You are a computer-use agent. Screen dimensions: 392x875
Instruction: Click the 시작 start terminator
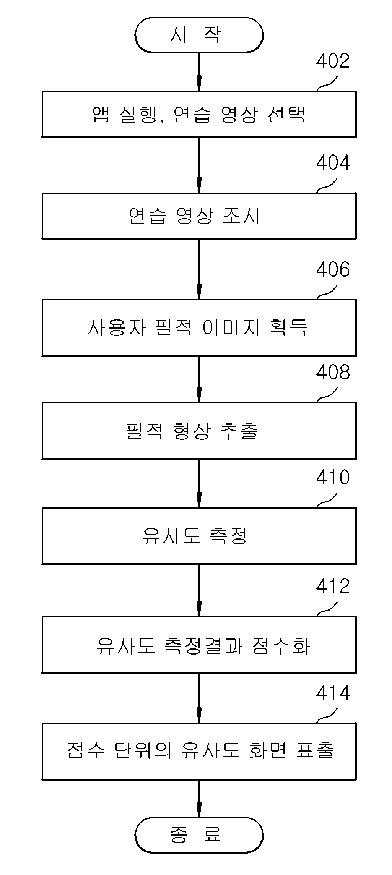199,35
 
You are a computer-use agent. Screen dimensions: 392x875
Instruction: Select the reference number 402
333,61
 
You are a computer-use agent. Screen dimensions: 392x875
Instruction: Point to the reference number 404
333,163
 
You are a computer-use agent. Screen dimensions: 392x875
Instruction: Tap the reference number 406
333,270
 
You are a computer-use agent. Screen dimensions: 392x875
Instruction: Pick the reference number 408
333,372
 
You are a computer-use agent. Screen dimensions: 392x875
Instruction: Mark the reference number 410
333,478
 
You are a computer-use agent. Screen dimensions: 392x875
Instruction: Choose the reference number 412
333,586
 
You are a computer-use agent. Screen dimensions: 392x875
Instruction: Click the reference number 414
333,692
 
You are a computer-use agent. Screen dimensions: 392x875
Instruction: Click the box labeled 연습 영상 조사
199,216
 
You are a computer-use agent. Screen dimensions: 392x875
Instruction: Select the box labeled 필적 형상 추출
199,431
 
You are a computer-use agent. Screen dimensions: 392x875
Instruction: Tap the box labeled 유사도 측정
199,536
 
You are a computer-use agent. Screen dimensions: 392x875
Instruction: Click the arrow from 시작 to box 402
199,72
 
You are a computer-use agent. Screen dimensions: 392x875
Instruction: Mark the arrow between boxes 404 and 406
199,269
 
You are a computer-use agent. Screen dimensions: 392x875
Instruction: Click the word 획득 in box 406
289,327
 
